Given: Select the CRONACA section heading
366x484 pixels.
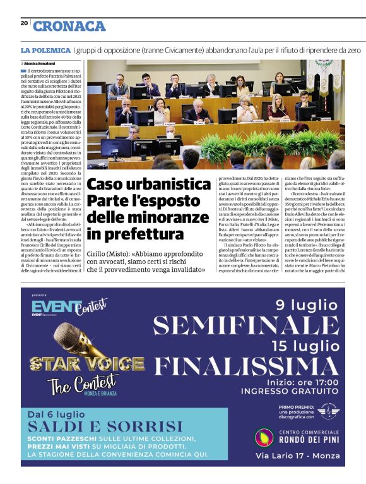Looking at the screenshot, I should pyautogui.click(x=69, y=26).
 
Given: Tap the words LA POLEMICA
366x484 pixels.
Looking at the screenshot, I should pyautogui.click(x=45, y=49).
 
